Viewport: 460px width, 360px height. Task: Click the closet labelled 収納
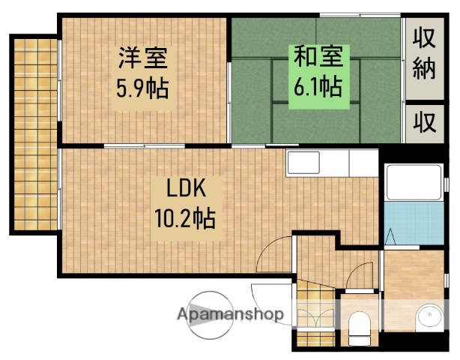tap(424, 55)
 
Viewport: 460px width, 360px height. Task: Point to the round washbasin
tap(429, 319)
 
